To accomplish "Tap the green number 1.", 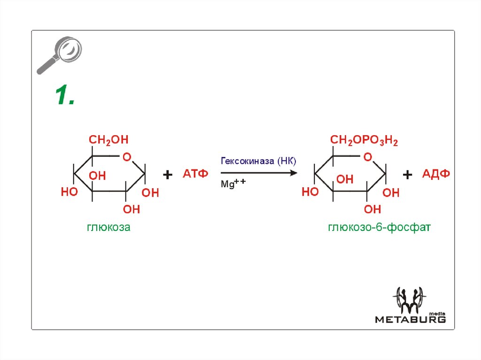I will pyautogui.click(x=64, y=96).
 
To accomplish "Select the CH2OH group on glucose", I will pyautogui.click(x=109, y=140).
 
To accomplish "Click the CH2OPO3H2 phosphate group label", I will pyautogui.click(x=364, y=140).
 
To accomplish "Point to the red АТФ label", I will pyautogui.click(x=195, y=175).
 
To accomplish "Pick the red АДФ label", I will pyautogui.click(x=436, y=175).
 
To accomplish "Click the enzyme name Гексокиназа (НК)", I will pyautogui.click(x=258, y=161).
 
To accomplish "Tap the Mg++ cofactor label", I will pyautogui.click(x=233, y=184).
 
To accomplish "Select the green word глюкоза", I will pyautogui.click(x=109, y=228).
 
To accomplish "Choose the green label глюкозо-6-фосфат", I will pyautogui.click(x=379, y=228).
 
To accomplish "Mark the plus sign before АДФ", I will pyautogui.click(x=407, y=175).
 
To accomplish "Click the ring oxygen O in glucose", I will pyautogui.click(x=126, y=157).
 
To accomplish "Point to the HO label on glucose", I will pyautogui.click(x=70, y=192).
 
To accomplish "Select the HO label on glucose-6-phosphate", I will pyautogui.click(x=310, y=192).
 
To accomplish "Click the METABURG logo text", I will pyautogui.click(x=410, y=320).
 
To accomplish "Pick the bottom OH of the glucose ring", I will pyautogui.click(x=132, y=209).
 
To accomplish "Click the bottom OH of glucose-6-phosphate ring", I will pyautogui.click(x=372, y=209).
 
